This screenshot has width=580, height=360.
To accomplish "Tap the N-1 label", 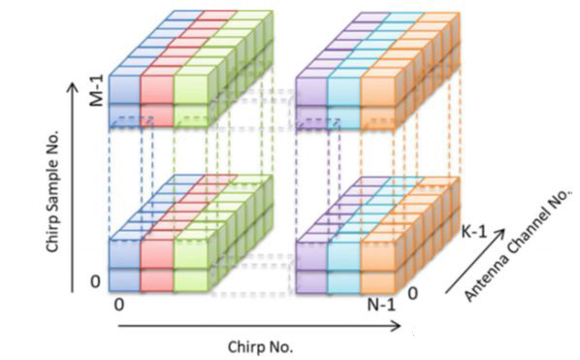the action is (x=381, y=306).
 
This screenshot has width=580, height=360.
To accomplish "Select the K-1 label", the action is (x=474, y=232).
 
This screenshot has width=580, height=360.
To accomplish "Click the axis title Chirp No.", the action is (x=260, y=347).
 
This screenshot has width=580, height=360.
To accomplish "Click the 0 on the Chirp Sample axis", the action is (x=95, y=282).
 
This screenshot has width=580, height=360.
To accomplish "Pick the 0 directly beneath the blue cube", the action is (x=118, y=305).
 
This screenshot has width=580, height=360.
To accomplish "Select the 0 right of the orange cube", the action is (x=413, y=293).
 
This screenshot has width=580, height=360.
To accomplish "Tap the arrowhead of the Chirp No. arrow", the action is (x=398, y=326).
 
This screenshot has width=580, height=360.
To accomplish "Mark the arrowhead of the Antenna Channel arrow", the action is (x=501, y=233).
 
